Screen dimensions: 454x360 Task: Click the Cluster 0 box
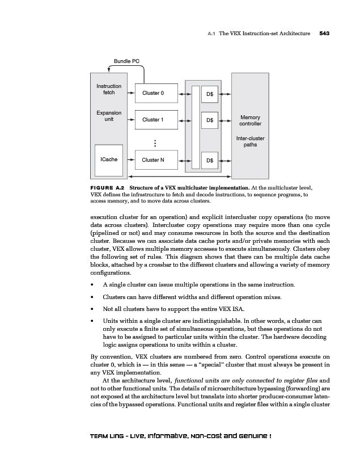(153, 93)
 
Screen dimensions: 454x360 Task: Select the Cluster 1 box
(153, 120)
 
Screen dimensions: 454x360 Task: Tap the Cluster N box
(153, 160)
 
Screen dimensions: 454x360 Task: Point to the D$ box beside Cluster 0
(210, 93)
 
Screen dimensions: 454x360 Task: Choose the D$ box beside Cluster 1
(210, 120)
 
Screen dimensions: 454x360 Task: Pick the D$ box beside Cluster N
(210, 161)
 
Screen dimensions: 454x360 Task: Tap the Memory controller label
(250, 121)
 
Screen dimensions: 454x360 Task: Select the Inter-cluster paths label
(250, 141)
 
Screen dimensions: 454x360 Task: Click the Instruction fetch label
(108, 89)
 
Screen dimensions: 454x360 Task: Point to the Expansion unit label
(108, 116)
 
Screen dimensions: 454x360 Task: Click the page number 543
(324, 33)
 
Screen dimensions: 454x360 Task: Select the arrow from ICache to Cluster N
(130, 160)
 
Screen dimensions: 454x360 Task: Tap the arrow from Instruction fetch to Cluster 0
(130, 93)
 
